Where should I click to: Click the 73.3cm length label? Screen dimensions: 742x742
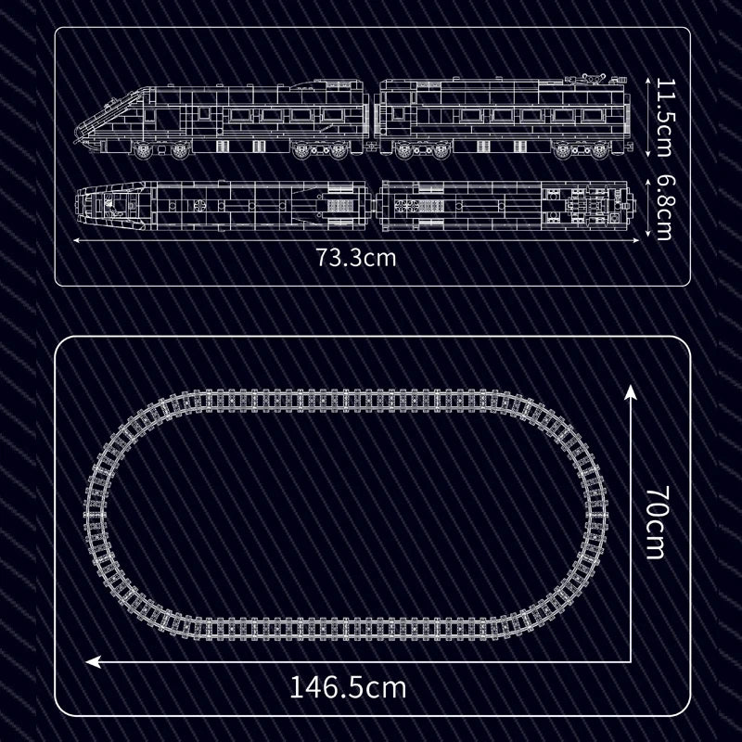[356, 259]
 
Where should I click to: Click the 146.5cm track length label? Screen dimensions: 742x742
[348, 687]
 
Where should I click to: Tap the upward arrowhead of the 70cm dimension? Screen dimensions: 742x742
[631, 392]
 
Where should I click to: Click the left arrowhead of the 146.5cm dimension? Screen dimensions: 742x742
[94, 661]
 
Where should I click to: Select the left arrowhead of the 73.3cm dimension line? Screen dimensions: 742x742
[77, 240]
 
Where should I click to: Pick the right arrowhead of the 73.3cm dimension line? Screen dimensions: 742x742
[636, 240]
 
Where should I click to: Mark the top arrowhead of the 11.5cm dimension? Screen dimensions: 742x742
[647, 82]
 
